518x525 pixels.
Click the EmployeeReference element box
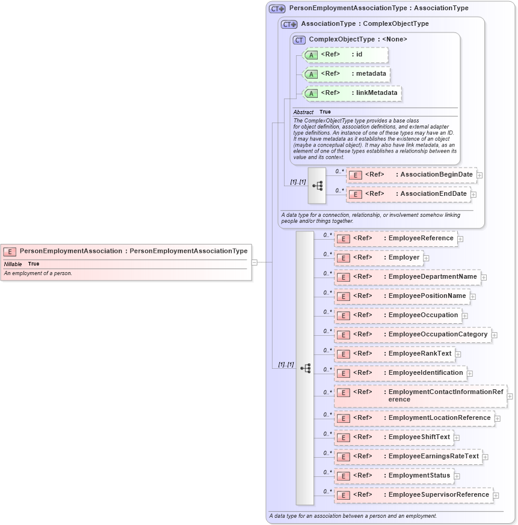(x=395, y=238)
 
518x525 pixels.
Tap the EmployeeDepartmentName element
(x=407, y=277)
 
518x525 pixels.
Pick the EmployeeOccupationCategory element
(x=412, y=335)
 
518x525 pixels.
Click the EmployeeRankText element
(x=394, y=354)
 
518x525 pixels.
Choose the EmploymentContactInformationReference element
(x=420, y=396)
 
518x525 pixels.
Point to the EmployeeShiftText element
(x=393, y=437)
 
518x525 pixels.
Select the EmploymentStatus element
(x=393, y=476)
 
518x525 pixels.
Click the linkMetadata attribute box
(x=352, y=93)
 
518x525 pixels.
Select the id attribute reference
(x=345, y=55)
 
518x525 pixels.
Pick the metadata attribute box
(x=347, y=74)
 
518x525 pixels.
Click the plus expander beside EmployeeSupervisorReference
(x=496, y=496)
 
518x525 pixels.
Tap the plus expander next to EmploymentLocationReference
(x=498, y=418)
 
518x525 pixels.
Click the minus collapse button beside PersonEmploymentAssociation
(x=254, y=262)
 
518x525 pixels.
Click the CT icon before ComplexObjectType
(x=300, y=40)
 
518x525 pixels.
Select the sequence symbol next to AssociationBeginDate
(x=317, y=185)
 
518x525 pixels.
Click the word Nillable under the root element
(x=13, y=264)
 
